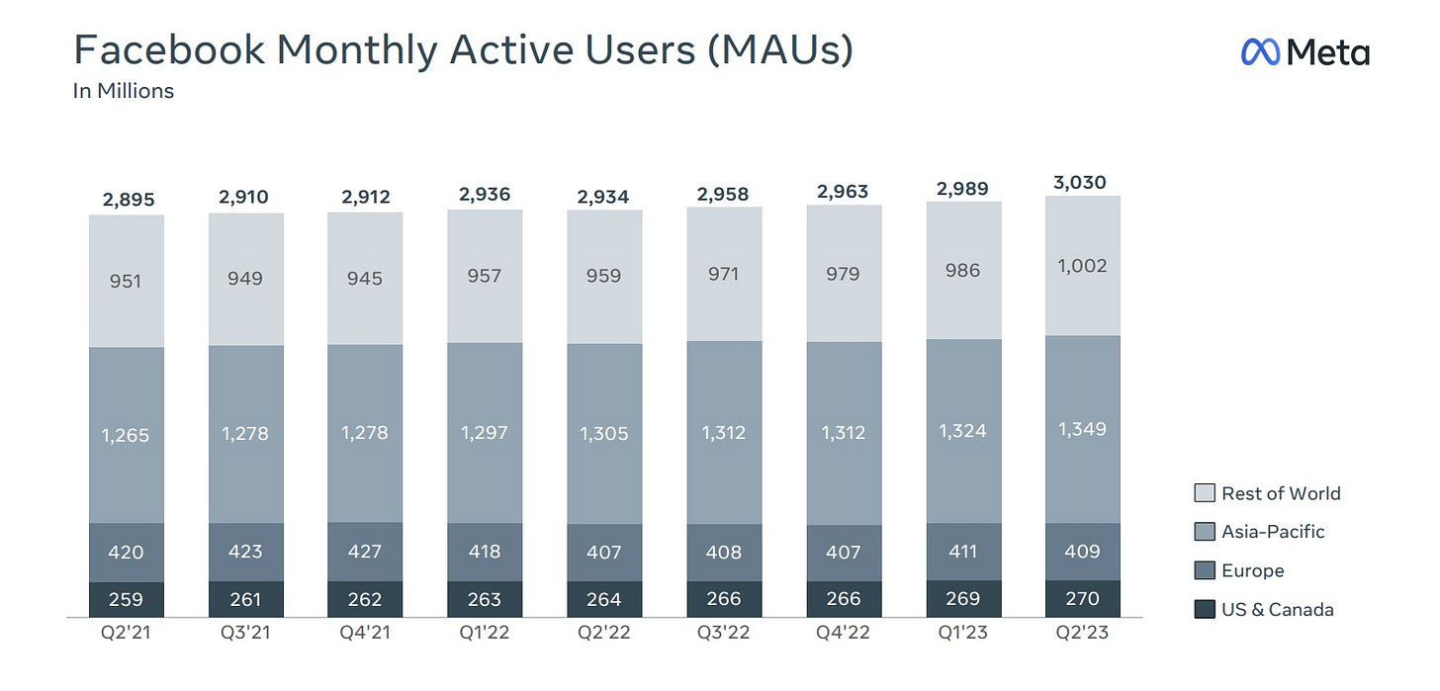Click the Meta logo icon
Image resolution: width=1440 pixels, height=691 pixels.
(x=1261, y=52)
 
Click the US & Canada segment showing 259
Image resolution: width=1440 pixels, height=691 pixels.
(x=127, y=599)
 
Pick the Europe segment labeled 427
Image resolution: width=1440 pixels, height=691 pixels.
(x=365, y=552)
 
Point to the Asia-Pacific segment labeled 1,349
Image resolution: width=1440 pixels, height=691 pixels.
(x=1082, y=429)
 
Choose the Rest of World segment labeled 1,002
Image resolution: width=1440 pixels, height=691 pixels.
(x=1082, y=266)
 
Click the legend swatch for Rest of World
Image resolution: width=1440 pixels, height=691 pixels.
(x=1203, y=493)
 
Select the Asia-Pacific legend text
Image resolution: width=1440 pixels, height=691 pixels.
(x=1273, y=532)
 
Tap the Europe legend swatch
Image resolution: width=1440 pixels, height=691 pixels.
(x=1203, y=570)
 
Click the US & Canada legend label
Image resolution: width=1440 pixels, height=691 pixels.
(x=1277, y=609)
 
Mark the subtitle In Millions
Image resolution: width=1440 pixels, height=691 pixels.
(x=124, y=91)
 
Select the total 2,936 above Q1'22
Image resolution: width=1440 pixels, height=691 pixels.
(x=485, y=194)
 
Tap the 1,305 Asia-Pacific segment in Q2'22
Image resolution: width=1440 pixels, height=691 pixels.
(x=604, y=433)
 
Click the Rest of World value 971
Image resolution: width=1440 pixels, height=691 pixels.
(x=724, y=274)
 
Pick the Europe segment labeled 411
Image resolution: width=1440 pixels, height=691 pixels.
(x=963, y=552)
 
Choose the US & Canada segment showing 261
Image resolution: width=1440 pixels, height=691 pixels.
(x=245, y=599)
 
